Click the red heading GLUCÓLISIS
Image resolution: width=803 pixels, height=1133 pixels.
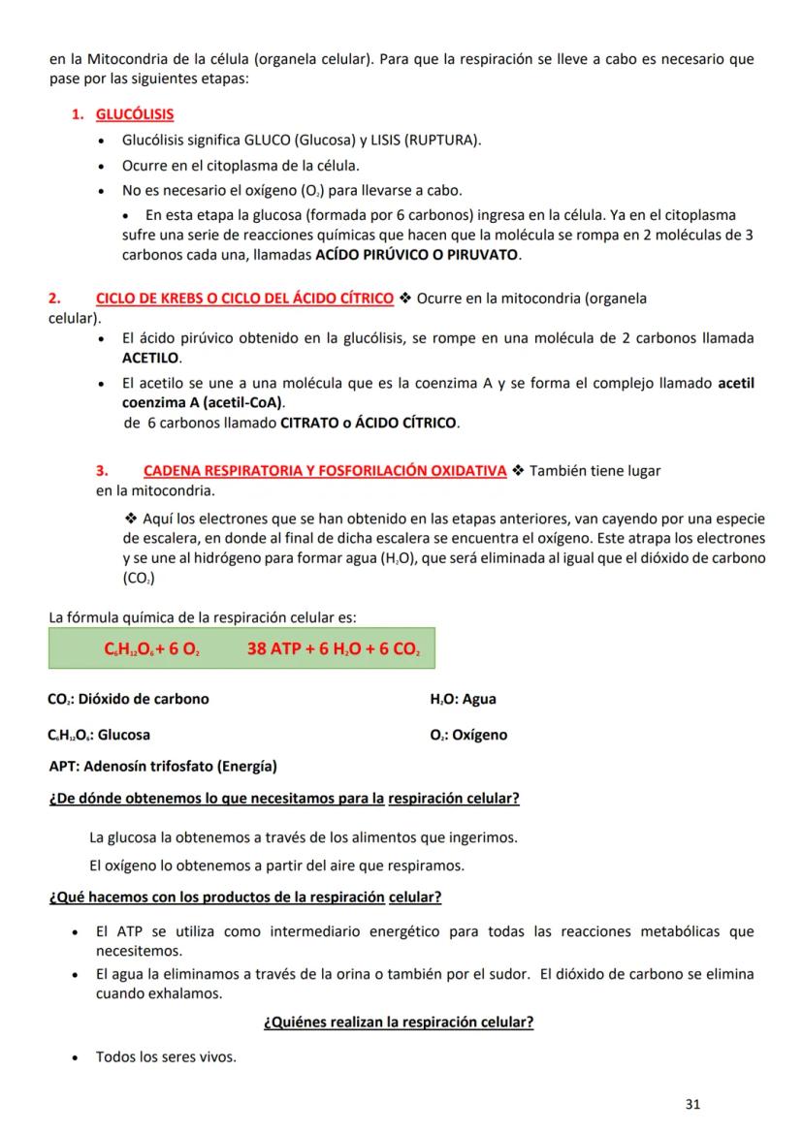135,114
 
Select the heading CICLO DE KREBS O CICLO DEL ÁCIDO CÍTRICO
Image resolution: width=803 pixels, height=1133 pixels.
244,298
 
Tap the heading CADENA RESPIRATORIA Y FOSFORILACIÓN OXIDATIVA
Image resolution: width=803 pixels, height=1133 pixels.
325,471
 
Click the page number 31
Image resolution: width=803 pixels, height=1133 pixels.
692,1103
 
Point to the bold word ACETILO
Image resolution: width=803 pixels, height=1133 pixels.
151,358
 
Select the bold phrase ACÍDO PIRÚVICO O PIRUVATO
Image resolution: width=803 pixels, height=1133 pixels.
418,256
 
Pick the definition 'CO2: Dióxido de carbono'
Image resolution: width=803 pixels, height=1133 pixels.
128,699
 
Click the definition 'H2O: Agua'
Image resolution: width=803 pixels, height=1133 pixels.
463,699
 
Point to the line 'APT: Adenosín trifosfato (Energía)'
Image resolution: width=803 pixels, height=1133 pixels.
162,767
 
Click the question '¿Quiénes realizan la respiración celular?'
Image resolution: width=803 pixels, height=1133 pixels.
399,1022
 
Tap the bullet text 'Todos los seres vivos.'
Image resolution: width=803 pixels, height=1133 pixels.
166,1056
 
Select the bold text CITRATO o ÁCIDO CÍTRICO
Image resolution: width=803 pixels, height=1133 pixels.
369,424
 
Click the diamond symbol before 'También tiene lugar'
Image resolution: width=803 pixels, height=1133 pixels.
518,471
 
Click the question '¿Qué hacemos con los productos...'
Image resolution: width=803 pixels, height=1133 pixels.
245,897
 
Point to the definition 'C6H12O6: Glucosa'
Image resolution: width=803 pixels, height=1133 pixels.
99,735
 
